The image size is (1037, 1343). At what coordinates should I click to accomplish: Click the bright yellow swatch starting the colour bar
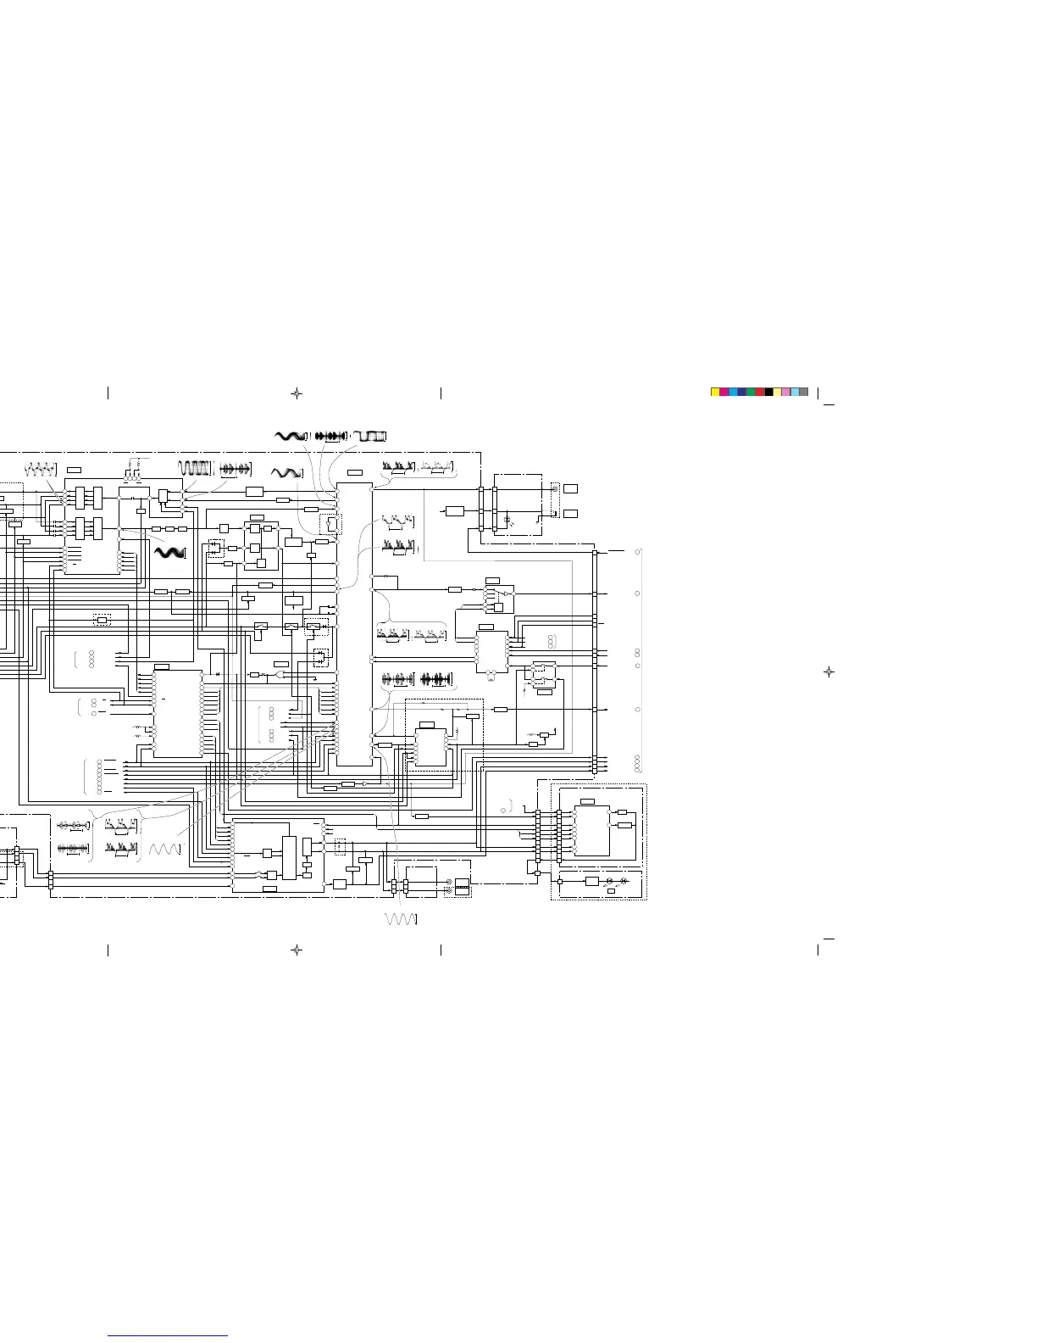[714, 393]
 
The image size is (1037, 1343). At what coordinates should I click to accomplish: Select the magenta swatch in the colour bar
[724, 393]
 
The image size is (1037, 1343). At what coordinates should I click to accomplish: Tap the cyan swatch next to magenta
[733, 393]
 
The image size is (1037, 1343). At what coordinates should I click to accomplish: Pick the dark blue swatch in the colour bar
[741, 393]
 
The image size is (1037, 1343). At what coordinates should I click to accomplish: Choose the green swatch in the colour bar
[751, 393]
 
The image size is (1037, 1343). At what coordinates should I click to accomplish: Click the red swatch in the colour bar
[759, 393]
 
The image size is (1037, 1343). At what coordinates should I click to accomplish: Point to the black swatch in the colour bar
[768, 393]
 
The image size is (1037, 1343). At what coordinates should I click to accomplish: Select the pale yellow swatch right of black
[777, 393]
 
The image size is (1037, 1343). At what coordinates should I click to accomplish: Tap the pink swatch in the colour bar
[786, 393]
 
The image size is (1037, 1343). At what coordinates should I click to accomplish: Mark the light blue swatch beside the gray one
[795, 393]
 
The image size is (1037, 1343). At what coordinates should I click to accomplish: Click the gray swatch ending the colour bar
[804, 393]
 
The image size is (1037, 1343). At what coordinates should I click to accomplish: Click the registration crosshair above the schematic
[296, 393]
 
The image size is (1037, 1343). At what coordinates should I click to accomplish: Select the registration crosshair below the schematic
[296, 950]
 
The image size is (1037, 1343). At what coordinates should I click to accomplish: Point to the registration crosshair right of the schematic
[829, 671]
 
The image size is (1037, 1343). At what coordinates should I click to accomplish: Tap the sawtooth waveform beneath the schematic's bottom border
[401, 919]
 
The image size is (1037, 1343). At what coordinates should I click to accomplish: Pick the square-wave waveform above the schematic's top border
[370, 436]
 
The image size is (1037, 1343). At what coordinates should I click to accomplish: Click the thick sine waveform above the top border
[289, 436]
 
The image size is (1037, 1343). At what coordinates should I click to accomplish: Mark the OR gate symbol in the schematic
[280, 675]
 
